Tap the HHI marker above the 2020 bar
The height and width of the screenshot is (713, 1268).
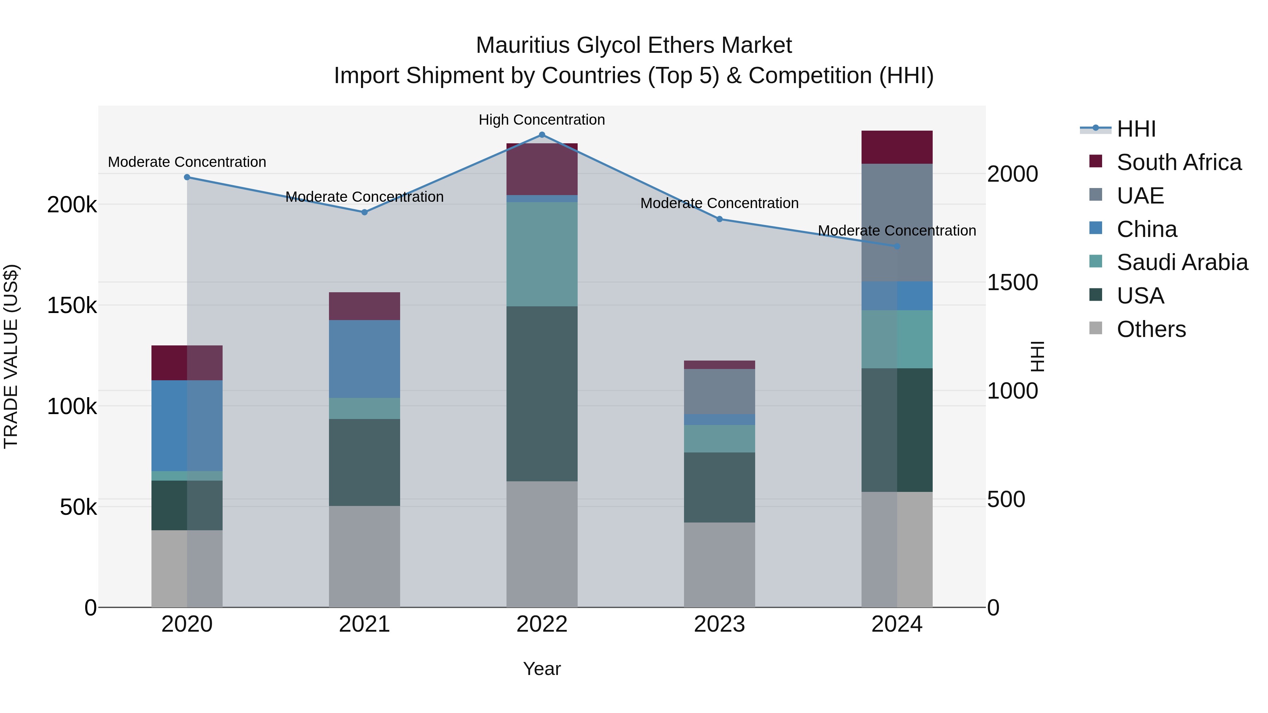click(x=187, y=177)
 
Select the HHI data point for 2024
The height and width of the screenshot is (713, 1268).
click(x=897, y=246)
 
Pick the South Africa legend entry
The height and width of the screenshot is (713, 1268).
click(x=1179, y=162)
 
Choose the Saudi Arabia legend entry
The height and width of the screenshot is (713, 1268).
click(x=1182, y=262)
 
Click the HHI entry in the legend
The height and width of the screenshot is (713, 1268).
click(x=1136, y=129)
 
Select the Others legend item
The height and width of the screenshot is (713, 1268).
click(x=1151, y=329)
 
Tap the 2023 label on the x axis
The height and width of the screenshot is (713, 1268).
click(x=719, y=624)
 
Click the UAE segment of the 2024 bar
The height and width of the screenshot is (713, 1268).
click(x=897, y=223)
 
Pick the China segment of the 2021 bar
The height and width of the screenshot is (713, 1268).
click(x=364, y=359)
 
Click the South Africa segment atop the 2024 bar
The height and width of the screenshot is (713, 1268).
click(x=897, y=147)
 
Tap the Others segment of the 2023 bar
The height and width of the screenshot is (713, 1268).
click(x=719, y=564)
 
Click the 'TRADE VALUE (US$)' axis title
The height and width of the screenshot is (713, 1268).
click(x=11, y=356)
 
